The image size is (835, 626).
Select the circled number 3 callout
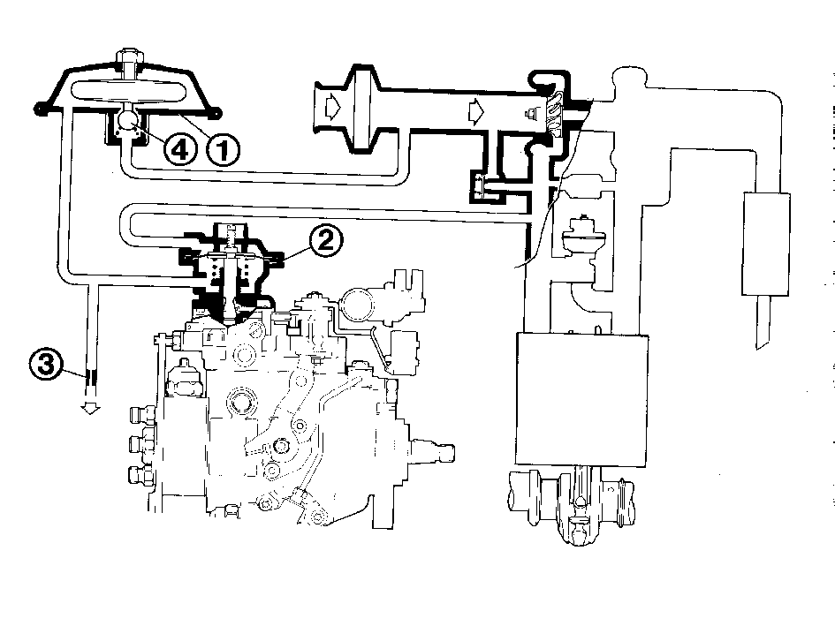pos(46,364)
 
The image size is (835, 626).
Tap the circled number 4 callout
pos(180,149)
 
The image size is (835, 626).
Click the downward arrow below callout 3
pos(90,408)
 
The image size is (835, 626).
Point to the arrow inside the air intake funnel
pos(332,107)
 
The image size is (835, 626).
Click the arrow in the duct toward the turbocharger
pos(476,112)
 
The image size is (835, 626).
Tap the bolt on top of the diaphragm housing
pos(130,60)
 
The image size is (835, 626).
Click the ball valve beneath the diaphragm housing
pos(128,120)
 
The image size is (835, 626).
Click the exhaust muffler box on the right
pos(766,244)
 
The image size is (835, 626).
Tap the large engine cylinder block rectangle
pos(582,399)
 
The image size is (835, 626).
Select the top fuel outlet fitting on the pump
pos(143,414)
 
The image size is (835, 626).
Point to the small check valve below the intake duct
pos(478,186)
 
